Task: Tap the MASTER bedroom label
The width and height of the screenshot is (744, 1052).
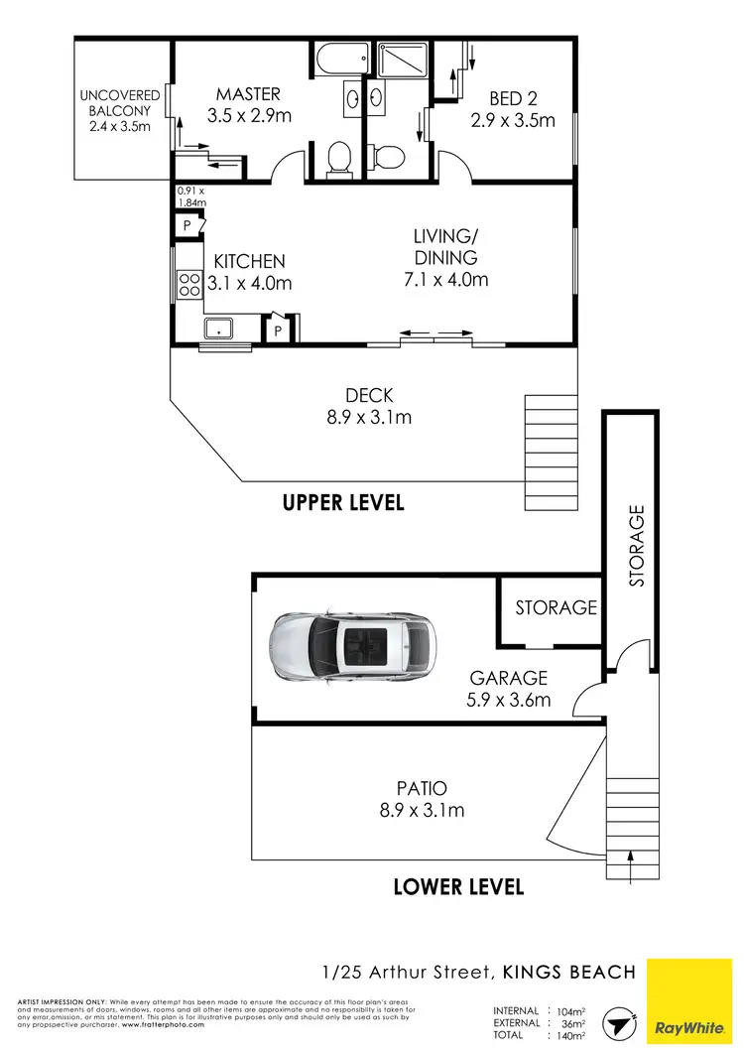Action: pyautogui.click(x=248, y=94)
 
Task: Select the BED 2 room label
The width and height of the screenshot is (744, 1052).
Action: pyautogui.click(x=512, y=98)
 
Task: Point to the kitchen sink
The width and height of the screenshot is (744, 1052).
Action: pyautogui.click(x=218, y=329)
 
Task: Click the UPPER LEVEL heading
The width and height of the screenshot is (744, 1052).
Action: pyautogui.click(x=343, y=502)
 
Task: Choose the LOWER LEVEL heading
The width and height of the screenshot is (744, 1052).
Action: pyautogui.click(x=458, y=886)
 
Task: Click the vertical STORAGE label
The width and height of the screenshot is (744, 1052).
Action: pyautogui.click(x=637, y=545)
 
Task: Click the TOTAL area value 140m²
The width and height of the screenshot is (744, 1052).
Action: pyautogui.click(x=571, y=1036)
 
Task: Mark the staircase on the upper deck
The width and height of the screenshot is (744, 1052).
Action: pyautogui.click(x=549, y=452)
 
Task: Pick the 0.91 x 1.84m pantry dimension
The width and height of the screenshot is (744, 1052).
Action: pyautogui.click(x=189, y=197)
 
